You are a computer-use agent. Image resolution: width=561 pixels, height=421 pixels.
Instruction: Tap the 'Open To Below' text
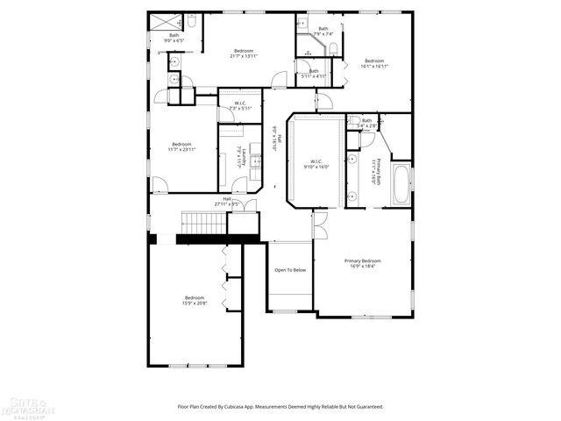coord(290,270)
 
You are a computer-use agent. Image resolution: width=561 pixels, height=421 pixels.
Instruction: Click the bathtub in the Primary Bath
coord(401,183)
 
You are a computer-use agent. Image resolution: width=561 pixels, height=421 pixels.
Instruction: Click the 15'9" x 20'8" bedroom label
coord(194,300)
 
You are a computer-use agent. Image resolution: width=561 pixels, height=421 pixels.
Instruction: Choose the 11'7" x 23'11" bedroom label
coord(181,146)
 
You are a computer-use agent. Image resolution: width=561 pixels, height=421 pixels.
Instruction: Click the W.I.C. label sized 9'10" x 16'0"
coord(315,163)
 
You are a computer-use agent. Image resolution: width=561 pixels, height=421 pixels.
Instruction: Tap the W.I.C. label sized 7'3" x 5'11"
coord(239,106)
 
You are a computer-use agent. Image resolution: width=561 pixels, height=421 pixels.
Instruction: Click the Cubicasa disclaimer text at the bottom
coord(280,407)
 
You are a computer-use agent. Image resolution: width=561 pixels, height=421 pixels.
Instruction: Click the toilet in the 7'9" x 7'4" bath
coord(302,25)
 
